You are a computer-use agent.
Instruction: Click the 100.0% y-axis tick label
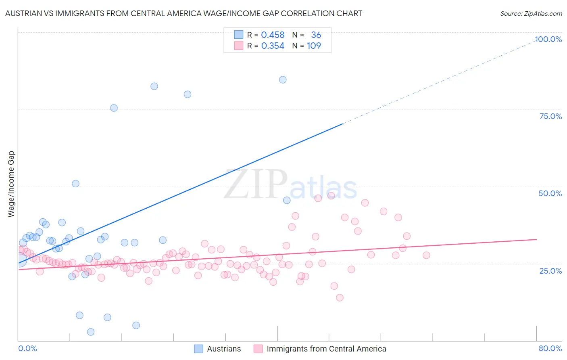pos(548,39)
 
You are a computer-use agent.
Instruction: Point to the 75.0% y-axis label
pos(550,116)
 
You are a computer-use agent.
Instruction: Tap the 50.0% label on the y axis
pos(550,193)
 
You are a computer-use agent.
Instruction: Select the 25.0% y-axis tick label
pos(550,270)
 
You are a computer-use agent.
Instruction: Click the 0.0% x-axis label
pos(27,348)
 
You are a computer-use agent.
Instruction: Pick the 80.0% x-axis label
pos(550,348)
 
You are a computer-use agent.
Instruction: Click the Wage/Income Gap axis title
pos(11,184)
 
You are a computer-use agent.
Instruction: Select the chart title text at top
pos(183,13)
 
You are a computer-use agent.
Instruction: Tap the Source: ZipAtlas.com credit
pos(531,13)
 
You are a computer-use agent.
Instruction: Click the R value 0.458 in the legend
pos(273,35)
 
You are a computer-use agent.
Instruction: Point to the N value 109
pos(314,46)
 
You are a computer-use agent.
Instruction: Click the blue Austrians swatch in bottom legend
pos(198,349)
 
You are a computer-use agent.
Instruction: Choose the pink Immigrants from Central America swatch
pos(258,349)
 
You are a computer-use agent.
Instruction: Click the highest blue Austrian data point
pos(283,80)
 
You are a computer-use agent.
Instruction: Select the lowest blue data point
pos(91,332)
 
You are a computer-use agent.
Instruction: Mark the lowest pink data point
pos(340,297)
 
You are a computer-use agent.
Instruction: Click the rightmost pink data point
pos(426,255)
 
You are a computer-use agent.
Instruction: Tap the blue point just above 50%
pos(75,184)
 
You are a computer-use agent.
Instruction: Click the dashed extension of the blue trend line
pos(440,80)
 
